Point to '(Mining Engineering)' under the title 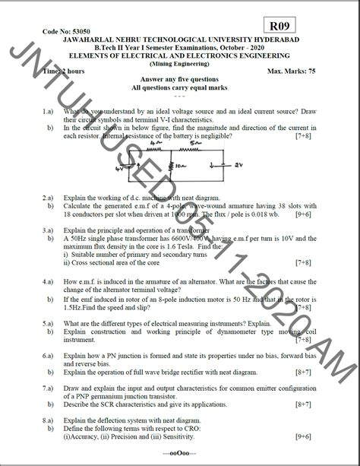[179, 63]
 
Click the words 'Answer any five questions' [180, 80]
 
